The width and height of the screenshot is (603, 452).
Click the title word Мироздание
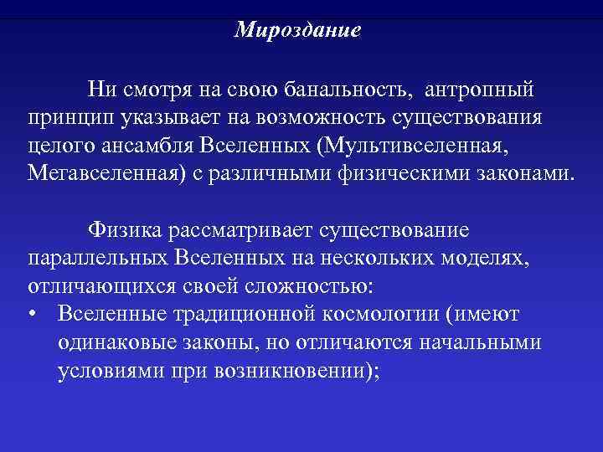point(297,30)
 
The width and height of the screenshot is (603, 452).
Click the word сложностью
point(307,286)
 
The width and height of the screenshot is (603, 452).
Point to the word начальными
point(471,343)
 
